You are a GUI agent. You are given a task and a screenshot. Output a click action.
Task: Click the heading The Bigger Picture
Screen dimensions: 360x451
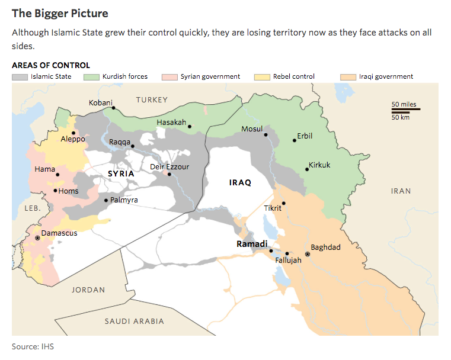click(x=60, y=12)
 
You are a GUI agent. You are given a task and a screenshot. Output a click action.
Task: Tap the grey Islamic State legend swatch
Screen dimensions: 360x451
click(x=20, y=77)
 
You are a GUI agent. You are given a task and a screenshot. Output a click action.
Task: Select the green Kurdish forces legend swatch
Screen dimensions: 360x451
click(x=92, y=77)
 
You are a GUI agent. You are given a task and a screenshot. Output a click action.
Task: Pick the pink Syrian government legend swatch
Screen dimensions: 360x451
click(x=171, y=77)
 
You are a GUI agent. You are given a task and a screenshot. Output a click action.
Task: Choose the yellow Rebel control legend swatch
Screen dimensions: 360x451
click(x=262, y=77)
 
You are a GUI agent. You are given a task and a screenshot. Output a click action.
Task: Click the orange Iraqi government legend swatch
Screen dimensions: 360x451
click(x=348, y=77)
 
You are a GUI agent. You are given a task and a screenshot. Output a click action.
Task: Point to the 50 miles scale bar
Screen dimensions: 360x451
click(x=406, y=110)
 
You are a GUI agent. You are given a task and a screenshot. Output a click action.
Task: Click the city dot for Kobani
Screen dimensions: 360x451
click(x=113, y=108)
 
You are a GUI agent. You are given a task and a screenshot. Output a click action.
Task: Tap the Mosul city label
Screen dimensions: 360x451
click(x=252, y=129)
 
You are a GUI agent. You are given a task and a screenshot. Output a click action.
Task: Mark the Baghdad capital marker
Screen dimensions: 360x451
click(x=307, y=254)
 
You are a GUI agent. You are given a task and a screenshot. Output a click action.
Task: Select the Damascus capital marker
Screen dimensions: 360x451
click(x=37, y=237)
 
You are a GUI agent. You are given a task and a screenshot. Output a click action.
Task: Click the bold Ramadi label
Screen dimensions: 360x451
click(x=252, y=244)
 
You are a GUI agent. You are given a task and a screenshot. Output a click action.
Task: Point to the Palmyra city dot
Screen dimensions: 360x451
click(x=106, y=200)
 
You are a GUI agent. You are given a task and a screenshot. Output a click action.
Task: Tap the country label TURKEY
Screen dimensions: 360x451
click(x=152, y=99)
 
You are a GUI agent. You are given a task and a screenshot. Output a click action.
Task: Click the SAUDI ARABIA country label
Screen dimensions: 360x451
click(x=134, y=321)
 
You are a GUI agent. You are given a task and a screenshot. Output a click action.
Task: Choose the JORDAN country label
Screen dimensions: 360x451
click(x=88, y=290)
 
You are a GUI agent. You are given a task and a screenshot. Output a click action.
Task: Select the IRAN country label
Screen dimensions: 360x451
click(x=401, y=191)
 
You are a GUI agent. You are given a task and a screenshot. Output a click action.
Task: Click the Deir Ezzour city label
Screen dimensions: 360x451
click(x=170, y=167)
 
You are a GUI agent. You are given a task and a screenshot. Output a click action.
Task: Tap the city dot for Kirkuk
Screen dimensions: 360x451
click(x=307, y=169)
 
